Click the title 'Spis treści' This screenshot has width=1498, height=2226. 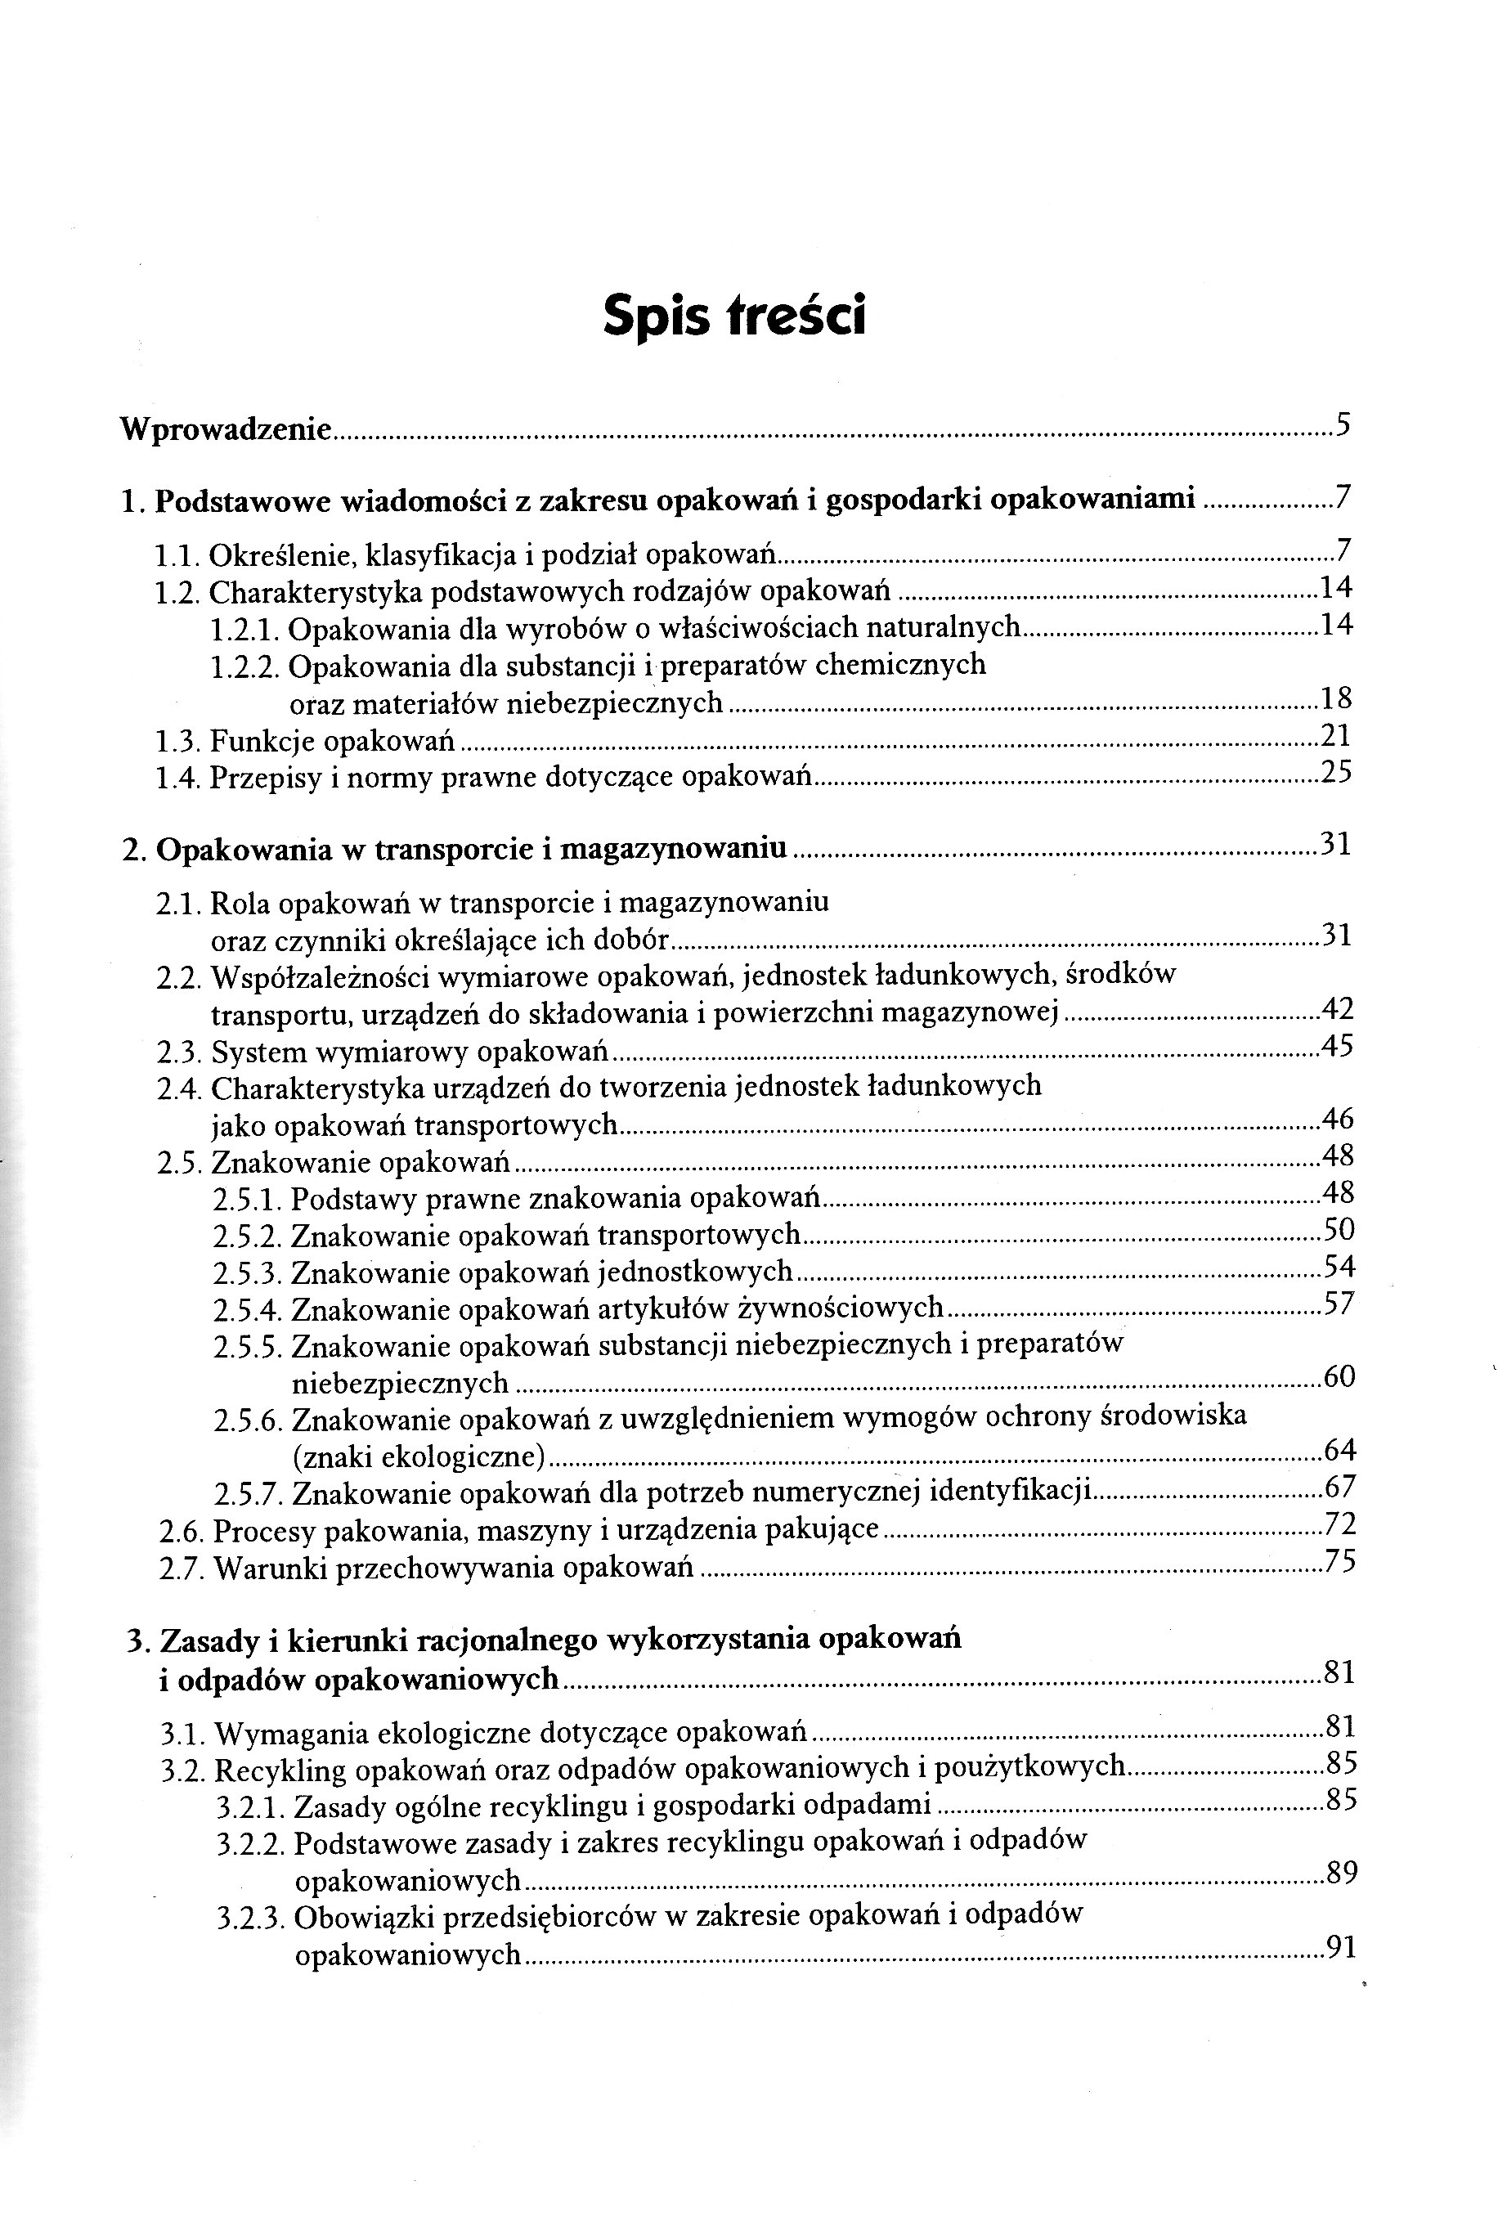click(x=733, y=316)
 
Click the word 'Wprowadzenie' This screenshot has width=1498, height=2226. click(x=226, y=430)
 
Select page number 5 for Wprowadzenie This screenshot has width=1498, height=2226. click(x=1343, y=424)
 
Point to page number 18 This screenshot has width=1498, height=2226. click(x=1337, y=699)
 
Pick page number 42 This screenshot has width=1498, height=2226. click(x=1338, y=1009)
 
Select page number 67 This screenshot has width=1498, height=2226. click(x=1340, y=1487)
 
